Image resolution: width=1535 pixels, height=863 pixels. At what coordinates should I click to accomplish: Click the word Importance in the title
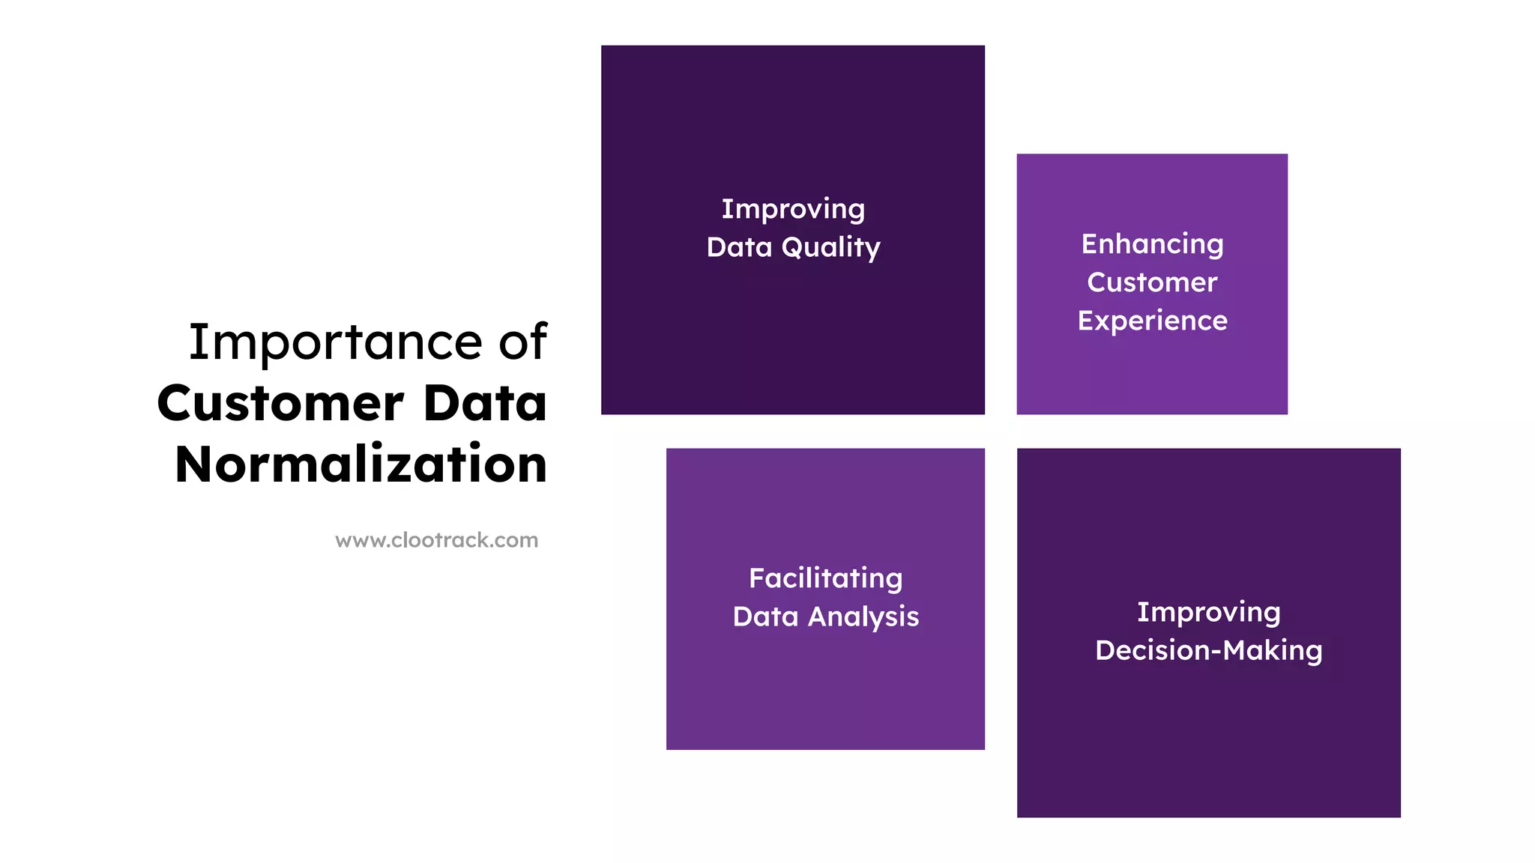click(x=335, y=342)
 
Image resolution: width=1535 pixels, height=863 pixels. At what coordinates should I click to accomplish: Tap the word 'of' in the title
click(x=523, y=342)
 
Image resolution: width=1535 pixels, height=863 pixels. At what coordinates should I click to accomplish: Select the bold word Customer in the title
click(x=280, y=404)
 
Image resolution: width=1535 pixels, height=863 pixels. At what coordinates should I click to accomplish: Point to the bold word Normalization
click(x=361, y=464)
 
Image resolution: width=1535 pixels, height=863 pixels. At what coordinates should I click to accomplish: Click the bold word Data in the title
click(x=485, y=404)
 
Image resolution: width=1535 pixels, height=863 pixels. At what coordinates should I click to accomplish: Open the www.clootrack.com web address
click(x=436, y=540)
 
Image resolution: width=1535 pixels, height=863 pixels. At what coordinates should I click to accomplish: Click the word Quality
click(x=830, y=248)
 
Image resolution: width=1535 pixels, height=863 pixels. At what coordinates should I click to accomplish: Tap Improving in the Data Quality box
click(x=793, y=209)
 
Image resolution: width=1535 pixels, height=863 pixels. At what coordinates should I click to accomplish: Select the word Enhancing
click(x=1152, y=244)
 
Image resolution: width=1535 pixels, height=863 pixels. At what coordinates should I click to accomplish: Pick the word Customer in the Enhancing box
click(x=1152, y=282)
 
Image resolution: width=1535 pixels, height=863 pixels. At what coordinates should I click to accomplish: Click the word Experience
click(x=1152, y=321)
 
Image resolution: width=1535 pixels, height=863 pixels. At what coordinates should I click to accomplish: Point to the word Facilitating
click(x=825, y=578)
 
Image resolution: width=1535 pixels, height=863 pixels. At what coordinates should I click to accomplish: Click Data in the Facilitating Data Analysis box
click(x=765, y=617)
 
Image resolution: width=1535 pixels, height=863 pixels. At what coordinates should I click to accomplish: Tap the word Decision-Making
click(x=1208, y=650)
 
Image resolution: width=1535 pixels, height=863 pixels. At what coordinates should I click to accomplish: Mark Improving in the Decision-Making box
click(x=1208, y=612)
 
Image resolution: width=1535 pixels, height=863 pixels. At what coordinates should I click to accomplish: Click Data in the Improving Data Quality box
click(x=739, y=247)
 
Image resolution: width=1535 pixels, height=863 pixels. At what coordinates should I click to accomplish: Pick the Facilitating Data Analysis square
click(x=825, y=689)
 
